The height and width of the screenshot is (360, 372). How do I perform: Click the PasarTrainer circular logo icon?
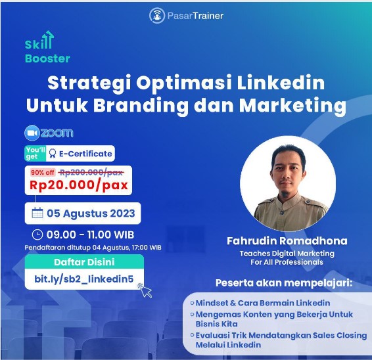click(x=157, y=16)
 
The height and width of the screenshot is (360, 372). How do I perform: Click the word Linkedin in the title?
click(x=281, y=83)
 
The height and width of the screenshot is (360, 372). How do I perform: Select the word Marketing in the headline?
click(x=292, y=105)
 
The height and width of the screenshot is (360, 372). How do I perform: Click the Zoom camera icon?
click(x=32, y=133)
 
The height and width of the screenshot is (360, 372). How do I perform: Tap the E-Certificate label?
click(x=81, y=154)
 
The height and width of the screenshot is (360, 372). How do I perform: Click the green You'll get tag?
click(x=35, y=153)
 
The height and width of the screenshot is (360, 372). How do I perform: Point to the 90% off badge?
click(x=43, y=172)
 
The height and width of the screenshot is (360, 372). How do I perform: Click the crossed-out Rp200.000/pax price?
click(x=91, y=172)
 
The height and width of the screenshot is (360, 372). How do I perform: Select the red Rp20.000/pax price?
click(x=79, y=185)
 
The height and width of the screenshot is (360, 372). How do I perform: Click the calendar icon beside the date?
click(x=37, y=213)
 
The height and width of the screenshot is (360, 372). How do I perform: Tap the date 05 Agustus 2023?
click(x=91, y=214)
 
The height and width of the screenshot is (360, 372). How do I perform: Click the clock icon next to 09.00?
click(x=37, y=235)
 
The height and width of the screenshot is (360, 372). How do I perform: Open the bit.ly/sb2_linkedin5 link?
click(x=84, y=279)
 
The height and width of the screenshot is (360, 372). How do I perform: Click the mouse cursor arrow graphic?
click(x=146, y=291)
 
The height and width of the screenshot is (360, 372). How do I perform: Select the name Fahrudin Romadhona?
click(x=287, y=241)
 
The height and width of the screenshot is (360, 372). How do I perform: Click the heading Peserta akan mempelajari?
click(x=284, y=283)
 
